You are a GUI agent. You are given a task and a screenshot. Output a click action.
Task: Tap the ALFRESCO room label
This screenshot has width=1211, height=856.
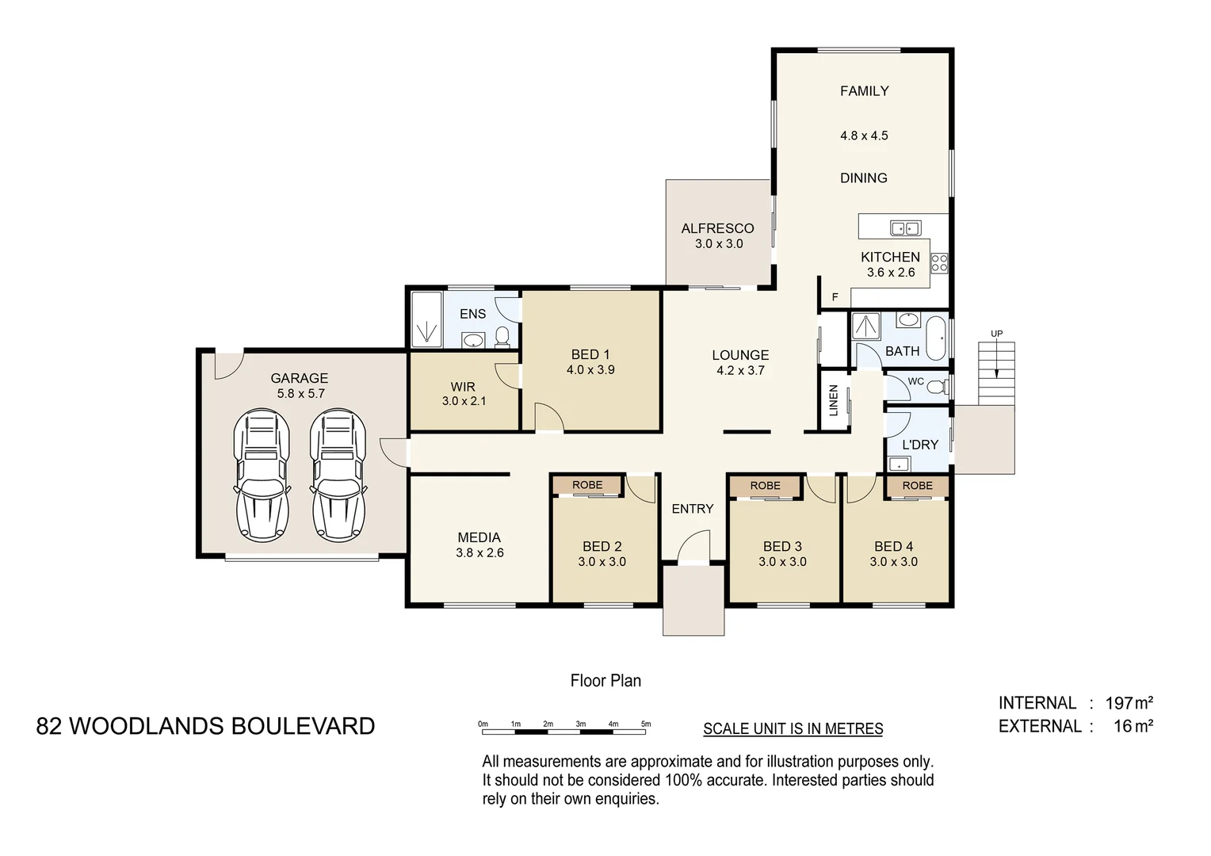[717, 228]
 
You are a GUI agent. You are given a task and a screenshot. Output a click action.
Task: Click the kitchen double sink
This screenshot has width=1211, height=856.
[904, 228]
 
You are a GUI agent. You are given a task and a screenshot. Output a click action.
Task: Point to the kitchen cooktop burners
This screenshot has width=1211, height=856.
[939, 262]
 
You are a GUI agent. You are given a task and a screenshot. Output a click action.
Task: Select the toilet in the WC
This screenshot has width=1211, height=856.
[937, 388]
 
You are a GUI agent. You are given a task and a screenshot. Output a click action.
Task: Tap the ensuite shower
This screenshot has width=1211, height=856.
[426, 319]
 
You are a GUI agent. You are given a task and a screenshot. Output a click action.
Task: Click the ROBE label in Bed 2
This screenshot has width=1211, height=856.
[587, 485]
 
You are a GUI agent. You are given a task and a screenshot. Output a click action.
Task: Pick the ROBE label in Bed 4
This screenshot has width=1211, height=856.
[917, 485]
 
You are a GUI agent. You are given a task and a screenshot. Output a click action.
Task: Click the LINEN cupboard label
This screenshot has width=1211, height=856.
[833, 400]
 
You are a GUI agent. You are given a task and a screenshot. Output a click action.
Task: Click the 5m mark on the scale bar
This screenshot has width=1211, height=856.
[646, 724]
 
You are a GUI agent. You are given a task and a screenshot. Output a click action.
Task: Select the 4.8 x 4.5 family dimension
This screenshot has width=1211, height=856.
[864, 136]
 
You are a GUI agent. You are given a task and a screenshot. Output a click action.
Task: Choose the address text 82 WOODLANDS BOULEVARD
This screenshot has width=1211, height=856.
[205, 726]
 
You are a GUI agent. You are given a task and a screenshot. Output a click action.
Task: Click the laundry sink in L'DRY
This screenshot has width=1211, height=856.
[899, 464]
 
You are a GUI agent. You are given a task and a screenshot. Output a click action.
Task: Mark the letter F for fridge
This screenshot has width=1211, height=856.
[835, 298]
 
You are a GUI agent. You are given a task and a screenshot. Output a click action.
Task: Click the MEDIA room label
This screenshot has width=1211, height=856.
[479, 537]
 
